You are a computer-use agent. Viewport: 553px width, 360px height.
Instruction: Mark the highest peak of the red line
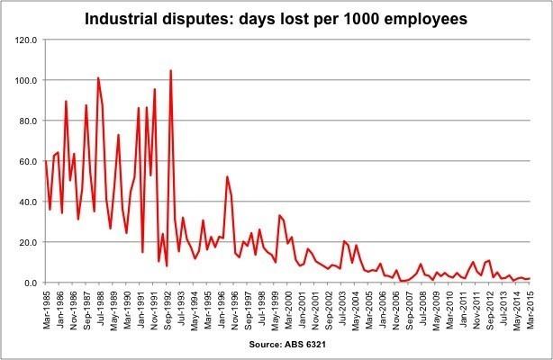(x=170, y=70)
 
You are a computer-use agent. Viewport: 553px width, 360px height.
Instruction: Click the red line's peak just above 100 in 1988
(x=98, y=78)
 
